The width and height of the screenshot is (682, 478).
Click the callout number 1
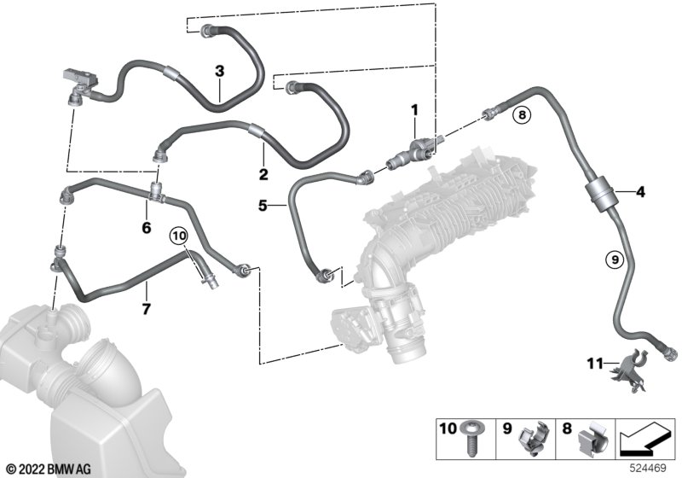pyautogui.click(x=415, y=109)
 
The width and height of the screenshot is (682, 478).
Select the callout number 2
pyautogui.click(x=263, y=175)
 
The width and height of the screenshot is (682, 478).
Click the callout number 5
pyautogui.click(x=263, y=205)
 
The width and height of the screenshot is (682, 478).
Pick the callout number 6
pyautogui.click(x=146, y=228)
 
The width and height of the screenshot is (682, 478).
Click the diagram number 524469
pyautogui.click(x=650, y=467)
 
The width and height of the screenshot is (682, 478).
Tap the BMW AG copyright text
pyautogui.click(x=43, y=467)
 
